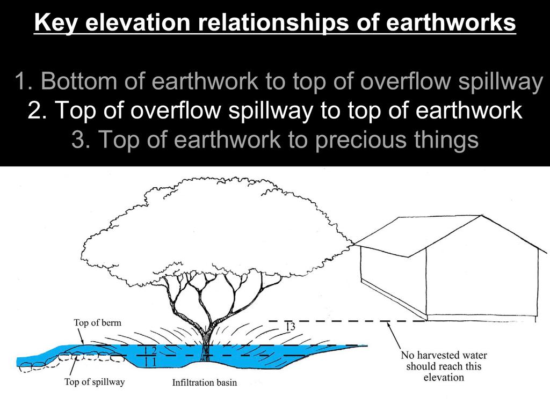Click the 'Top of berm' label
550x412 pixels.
(97, 322)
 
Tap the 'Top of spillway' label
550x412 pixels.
(95, 381)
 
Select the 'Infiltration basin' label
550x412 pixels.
(205, 382)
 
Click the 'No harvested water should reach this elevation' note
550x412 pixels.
(444, 366)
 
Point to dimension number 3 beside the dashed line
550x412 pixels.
(292, 327)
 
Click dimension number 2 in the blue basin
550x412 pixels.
(154, 350)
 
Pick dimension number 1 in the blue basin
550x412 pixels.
(154, 361)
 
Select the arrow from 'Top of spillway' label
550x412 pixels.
(73, 365)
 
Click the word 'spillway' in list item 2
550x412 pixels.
(270, 111)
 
